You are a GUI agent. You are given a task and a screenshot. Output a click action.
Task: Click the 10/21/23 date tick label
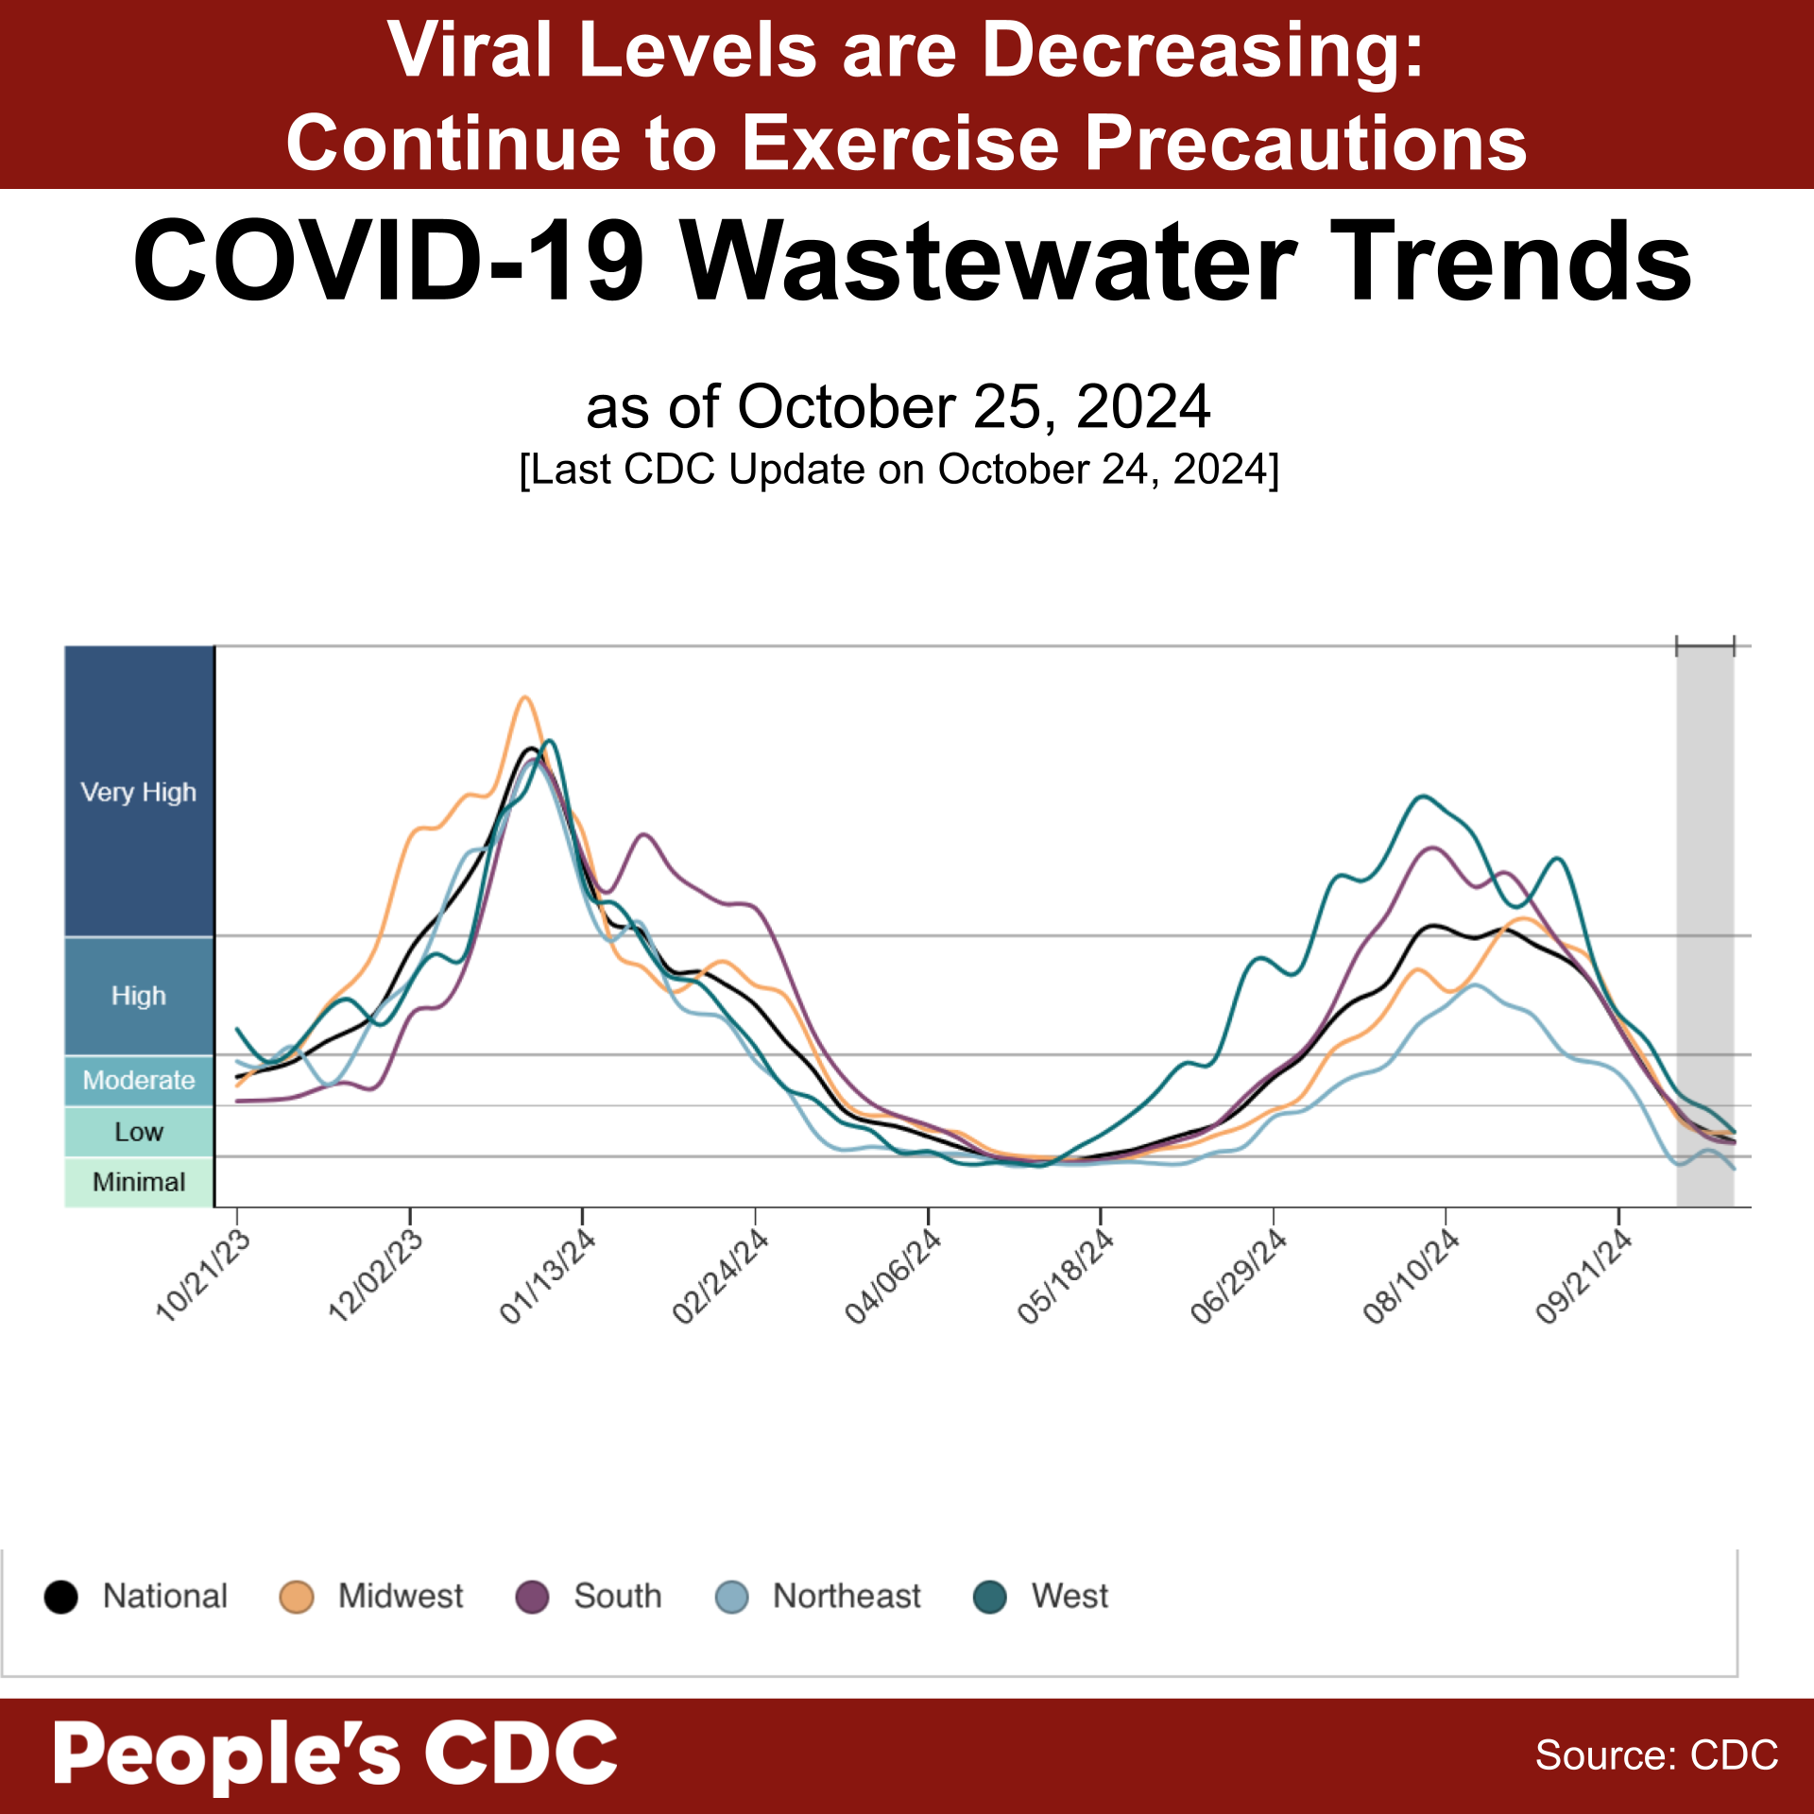click(x=202, y=1275)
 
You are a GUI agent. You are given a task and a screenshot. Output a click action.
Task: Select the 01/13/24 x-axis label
click(x=548, y=1276)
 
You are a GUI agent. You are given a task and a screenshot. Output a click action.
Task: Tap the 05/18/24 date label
click(x=1066, y=1276)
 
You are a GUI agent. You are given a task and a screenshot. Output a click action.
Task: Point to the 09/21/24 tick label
click(x=1583, y=1276)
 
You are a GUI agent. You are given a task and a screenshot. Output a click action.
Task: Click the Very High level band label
click(x=139, y=792)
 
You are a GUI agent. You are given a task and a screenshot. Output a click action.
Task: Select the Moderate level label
click(x=139, y=1080)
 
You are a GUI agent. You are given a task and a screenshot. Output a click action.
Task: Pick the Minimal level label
click(x=139, y=1182)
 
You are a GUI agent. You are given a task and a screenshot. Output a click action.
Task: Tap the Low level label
click(x=139, y=1132)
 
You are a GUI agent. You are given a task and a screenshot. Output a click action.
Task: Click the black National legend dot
click(x=61, y=1597)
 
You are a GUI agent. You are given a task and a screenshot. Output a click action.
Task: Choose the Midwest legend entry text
click(x=401, y=1597)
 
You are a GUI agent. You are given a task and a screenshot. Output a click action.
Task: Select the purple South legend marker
click(x=532, y=1597)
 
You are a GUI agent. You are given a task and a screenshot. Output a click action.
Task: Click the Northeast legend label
click(x=847, y=1597)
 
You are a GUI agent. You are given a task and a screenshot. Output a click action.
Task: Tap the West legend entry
click(x=1070, y=1597)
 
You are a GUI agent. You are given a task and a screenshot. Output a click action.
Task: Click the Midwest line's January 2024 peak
click(x=525, y=698)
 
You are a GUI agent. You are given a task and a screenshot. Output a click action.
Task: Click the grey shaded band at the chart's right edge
click(x=1705, y=898)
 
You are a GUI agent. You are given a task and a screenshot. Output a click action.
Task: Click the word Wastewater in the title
click(x=987, y=262)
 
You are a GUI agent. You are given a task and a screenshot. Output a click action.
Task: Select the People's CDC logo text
click(x=335, y=1754)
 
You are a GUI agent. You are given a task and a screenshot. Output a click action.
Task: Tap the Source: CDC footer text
click(x=1656, y=1755)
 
